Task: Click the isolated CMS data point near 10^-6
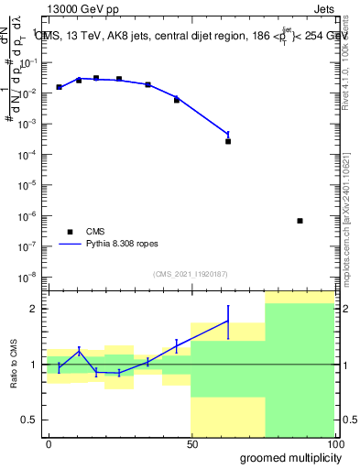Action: click(x=300, y=221)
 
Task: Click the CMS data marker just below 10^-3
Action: click(x=228, y=141)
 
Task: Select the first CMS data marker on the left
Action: click(x=59, y=87)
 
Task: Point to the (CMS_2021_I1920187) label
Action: click(x=191, y=273)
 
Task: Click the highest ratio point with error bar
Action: click(x=228, y=320)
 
